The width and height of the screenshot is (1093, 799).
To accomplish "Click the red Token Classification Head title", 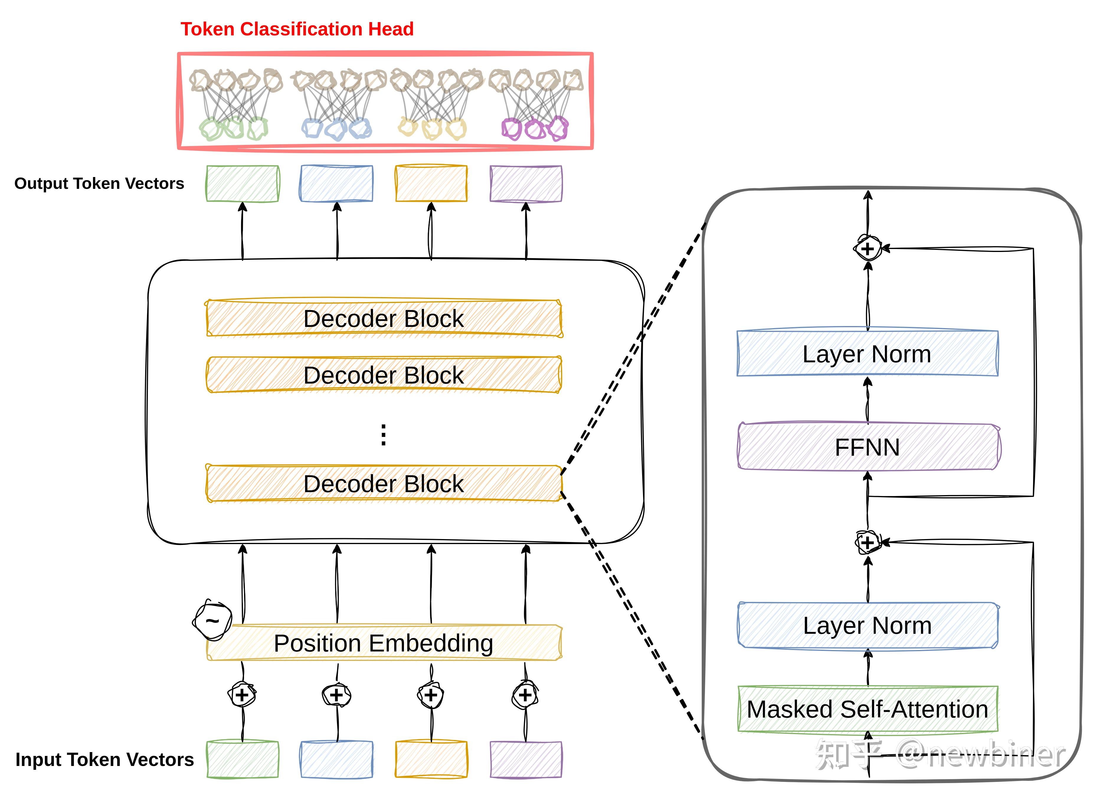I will click(297, 29).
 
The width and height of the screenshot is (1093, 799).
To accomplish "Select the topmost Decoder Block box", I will click(384, 318).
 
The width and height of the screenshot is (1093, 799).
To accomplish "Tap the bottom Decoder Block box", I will click(384, 484).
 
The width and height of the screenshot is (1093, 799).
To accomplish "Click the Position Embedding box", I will click(384, 643).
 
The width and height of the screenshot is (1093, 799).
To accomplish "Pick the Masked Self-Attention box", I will click(867, 709).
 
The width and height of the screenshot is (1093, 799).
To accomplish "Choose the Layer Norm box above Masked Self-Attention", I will click(867, 626).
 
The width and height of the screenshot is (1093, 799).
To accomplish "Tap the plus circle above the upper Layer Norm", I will click(867, 249).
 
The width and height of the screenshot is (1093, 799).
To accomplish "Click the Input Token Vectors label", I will click(104, 760).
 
